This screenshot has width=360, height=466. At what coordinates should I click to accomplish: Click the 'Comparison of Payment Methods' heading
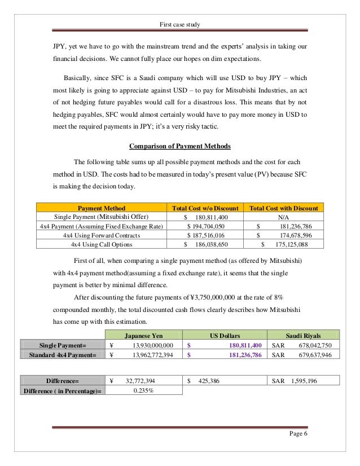tap(180, 147)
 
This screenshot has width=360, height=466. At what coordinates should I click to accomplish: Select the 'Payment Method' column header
tap(101, 208)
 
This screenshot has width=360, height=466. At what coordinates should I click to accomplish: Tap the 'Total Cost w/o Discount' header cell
tap(205, 208)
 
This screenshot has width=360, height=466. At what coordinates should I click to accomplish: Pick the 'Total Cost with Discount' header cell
tap(283, 208)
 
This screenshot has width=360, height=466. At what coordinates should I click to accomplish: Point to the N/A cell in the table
tap(284, 217)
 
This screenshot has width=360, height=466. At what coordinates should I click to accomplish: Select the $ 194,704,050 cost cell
tap(206, 226)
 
